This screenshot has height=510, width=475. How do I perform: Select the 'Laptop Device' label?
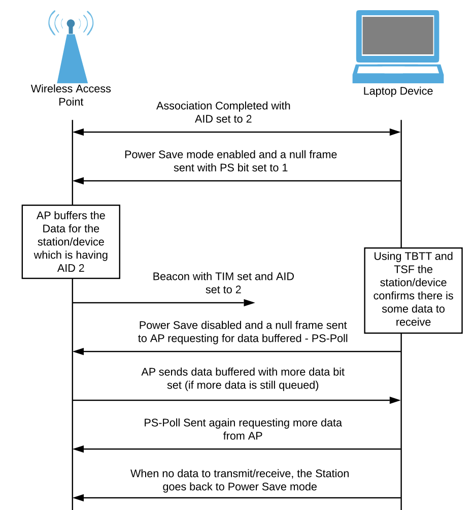click(x=398, y=91)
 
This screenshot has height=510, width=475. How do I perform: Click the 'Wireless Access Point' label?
click(x=71, y=95)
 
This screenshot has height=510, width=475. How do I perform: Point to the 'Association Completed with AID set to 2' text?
click(x=223, y=112)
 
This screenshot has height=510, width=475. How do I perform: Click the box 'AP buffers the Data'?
click(x=71, y=242)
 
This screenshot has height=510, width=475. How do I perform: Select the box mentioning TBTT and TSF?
click(x=413, y=289)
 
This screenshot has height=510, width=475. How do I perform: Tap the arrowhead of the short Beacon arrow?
click(x=250, y=303)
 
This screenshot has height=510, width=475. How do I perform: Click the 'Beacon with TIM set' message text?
click(x=223, y=283)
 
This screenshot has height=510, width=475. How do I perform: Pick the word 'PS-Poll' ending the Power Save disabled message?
click(x=330, y=338)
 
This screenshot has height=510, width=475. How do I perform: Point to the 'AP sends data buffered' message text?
click(x=243, y=378)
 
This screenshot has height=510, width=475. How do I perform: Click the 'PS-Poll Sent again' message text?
click(x=243, y=429)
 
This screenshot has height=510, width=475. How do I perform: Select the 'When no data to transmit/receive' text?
click(x=240, y=480)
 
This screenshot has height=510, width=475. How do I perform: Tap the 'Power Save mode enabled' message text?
click(x=230, y=161)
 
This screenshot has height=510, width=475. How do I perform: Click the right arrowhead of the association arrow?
click(x=395, y=132)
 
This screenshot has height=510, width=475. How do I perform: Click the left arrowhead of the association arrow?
click(x=78, y=132)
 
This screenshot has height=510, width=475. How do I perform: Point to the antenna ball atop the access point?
click(x=71, y=23)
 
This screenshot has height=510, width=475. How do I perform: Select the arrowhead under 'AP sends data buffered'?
click(x=395, y=400)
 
